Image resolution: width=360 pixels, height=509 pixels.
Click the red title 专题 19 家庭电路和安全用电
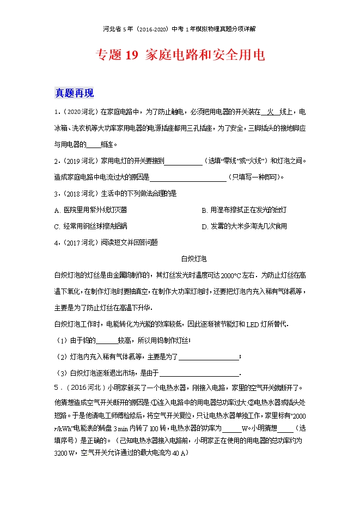(x=180, y=55)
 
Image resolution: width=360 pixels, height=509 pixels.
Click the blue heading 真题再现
(x=75, y=93)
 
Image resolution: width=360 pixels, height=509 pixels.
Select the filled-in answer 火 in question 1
(x=267, y=113)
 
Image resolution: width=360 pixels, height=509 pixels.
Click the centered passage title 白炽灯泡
(x=194, y=259)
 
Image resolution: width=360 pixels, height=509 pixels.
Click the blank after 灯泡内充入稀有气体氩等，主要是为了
(x=209, y=357)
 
